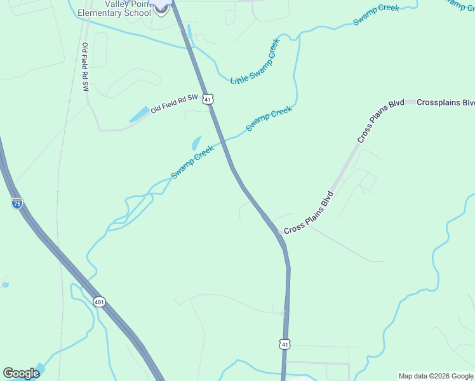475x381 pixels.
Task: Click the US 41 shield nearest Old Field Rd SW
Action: (x=208, y=99)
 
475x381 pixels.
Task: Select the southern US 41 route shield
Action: (x=285, y=344)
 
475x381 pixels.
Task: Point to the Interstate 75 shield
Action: (x=17, y=203)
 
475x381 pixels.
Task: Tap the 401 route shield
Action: (x=98, y=302)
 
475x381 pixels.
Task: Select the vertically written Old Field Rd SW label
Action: (x=84, y=67)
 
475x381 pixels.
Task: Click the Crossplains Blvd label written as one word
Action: (x=446, y=102)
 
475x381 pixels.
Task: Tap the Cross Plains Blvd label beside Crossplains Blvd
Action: (x=380, y=121)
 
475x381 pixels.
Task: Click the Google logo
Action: (x=21, y=373)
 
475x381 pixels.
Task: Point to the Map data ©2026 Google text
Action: (x=436, y=376)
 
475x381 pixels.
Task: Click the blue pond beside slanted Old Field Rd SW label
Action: (x=140, y=115)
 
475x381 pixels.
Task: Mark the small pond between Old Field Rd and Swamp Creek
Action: (x=196, y=143)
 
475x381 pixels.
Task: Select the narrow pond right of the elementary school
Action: (x=189, y=32)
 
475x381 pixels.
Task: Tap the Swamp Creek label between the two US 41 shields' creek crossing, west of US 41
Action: (x=192, y=163)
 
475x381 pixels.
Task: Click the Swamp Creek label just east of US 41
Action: (x=269, y=119)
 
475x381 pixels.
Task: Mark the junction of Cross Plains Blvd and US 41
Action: (x=278, y=232)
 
